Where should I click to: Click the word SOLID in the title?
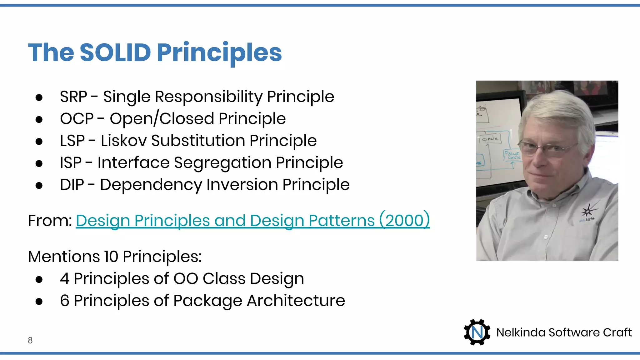pos(115,52)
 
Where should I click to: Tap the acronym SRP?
pos(73,97)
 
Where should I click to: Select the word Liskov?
pos(123,141)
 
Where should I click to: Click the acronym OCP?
pos(77,119)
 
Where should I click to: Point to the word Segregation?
pos(222,163)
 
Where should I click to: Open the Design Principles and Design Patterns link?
pos(225,221)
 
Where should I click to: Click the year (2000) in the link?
pos(404,221)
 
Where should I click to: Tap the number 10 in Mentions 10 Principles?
pos(111,257)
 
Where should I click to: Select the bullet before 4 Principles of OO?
pos(39,279)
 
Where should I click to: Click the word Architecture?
pos(296,301)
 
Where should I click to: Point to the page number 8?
pos(30,340)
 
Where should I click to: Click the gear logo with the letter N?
pos(477,332)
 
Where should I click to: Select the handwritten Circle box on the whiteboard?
pos(490,138)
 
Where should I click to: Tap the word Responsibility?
pos(209,97)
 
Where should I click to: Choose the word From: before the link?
pos(50,221)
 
